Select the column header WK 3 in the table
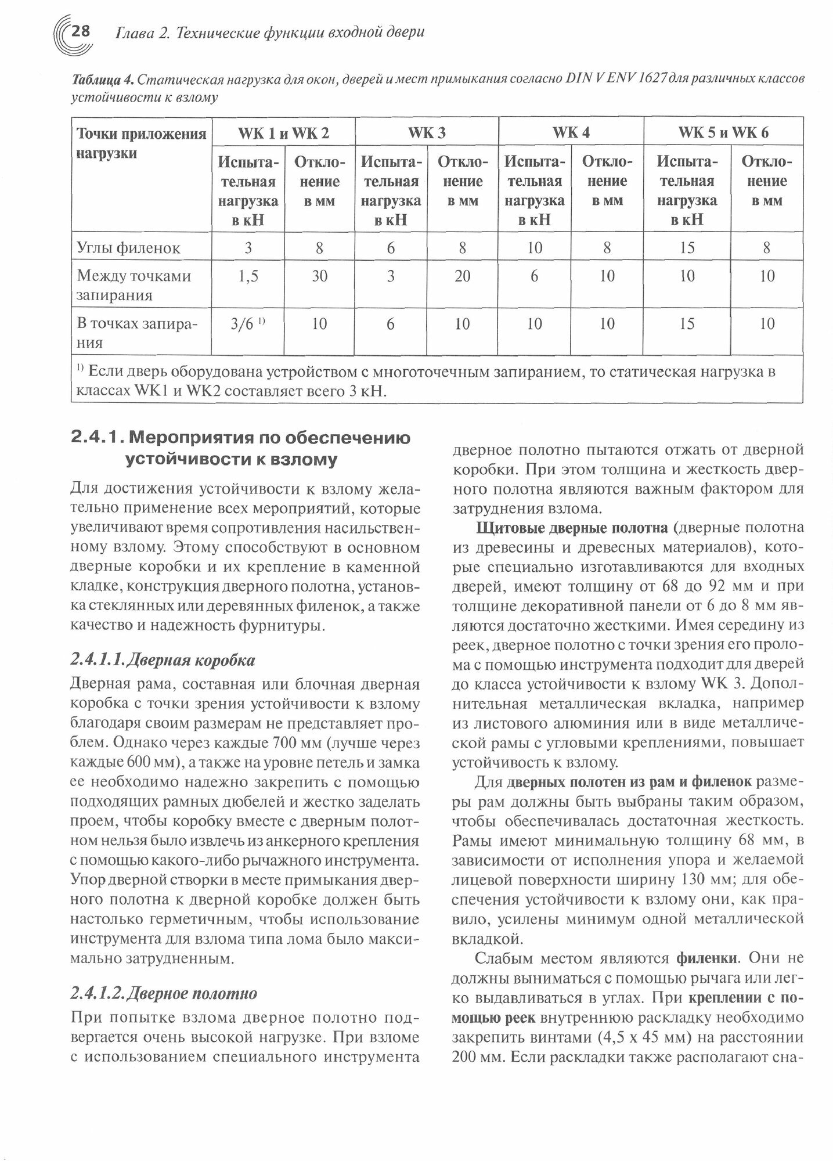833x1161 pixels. click(427, 133)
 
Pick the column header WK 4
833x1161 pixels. click(571, 133)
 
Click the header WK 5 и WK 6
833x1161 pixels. click(723, 133)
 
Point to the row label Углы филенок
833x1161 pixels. click(128, 248)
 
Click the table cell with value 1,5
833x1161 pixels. click(248, 276)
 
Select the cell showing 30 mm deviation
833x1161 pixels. click(319, 276)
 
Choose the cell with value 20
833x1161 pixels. click(462, 276)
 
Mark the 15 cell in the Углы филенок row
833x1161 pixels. click(687, 248)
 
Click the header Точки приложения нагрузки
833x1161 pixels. click(141, 144)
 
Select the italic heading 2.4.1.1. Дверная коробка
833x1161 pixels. click(162, 660)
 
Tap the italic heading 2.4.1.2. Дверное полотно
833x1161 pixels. click(163, 993)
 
